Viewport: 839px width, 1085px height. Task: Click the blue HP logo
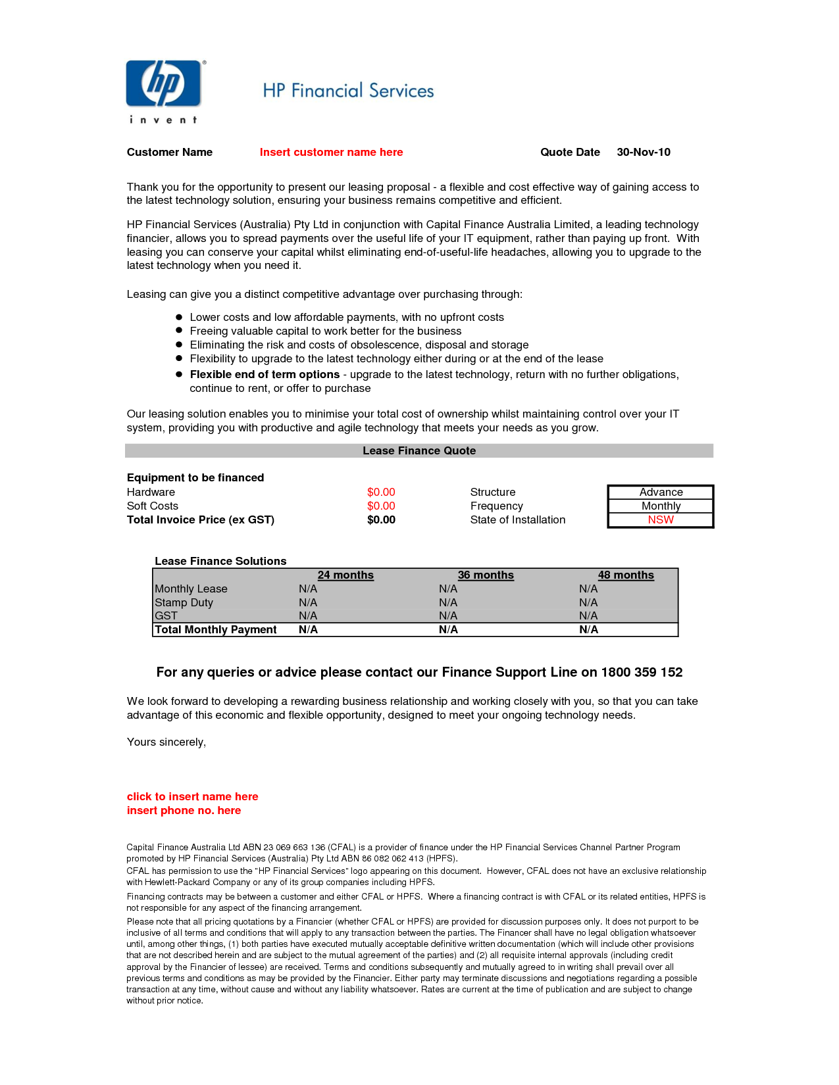point(164,84)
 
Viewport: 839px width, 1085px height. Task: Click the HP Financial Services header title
point(348,91)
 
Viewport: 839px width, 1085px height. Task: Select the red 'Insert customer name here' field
point(331,153)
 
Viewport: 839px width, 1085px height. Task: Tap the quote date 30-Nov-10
point(643,153)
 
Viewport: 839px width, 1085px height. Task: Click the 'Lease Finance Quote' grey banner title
point(419,451)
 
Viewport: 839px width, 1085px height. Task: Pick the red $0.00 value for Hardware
point(381,493)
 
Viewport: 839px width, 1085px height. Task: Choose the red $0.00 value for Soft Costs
point(381,506)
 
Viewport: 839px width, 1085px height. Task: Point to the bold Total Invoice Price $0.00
point(381,520)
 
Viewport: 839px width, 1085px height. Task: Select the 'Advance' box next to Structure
point(661,493)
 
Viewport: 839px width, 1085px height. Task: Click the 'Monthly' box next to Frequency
point(661,506)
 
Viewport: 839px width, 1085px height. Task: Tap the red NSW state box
point(661,520)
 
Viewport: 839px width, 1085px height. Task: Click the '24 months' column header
point(345,575)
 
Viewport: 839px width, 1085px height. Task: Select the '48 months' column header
point(626,575)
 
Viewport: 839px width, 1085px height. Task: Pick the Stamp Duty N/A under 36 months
point(448,603)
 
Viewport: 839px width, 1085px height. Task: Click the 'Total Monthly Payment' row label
point(216,630)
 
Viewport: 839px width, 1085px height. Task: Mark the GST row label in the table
point(166,616)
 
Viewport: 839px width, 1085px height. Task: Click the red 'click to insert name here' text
point(193,797)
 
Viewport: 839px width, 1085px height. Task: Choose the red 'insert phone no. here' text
point(184,811)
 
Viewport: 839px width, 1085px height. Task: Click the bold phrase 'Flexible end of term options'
point(265,375)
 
